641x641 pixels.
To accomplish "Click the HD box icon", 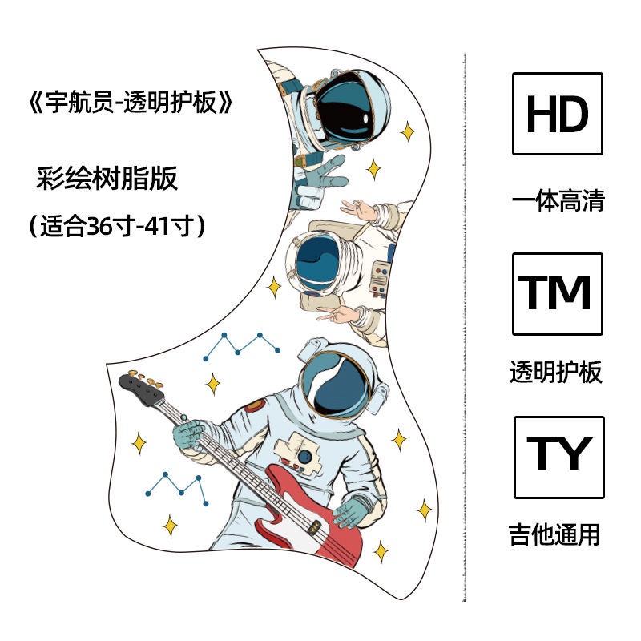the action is (x=557, y=114).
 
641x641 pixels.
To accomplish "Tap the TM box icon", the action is (x=557, y=294).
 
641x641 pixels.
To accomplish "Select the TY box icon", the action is (x=558, y=458).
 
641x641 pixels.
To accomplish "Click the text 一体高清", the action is (x=558, y=201).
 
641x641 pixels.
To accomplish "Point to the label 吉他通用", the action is (x=554, y=534).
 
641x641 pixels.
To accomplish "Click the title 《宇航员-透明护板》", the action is (x=131, y=102).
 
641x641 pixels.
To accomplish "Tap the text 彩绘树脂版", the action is (x=107, y=178).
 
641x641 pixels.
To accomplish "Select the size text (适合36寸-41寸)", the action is (x=117, y=226).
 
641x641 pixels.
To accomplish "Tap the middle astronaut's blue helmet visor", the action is (x=317, y=262).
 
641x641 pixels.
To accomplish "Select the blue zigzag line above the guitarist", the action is (x=242, y=347).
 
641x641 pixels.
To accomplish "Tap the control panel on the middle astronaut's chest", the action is (x=379, y=277).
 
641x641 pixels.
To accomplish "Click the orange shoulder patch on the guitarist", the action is (x=255, y=405).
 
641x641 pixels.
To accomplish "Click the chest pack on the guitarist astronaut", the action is (x=297, y=453).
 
